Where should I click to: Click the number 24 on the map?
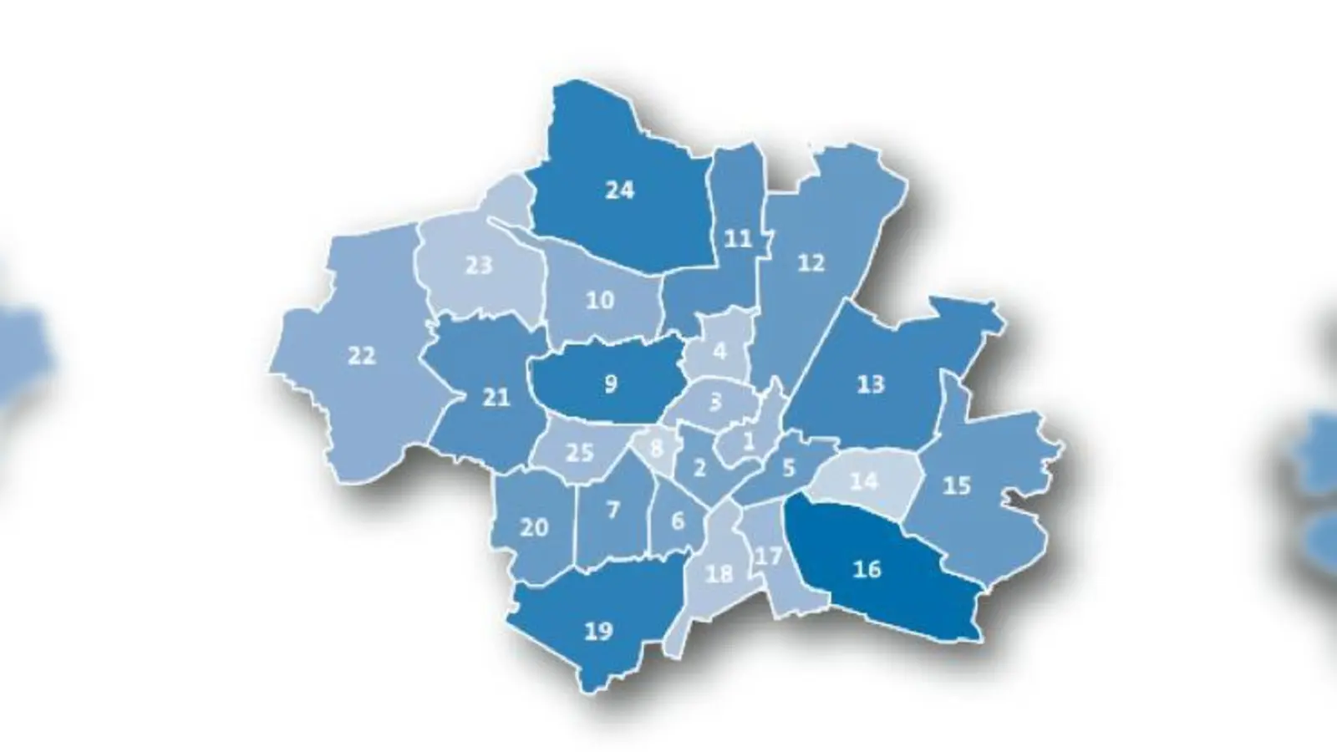click(619, 191)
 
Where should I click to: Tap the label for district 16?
click(867, 569)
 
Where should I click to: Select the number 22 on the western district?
click(361, 356)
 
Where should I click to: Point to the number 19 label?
click(598, 631)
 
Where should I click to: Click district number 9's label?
click(611, 384)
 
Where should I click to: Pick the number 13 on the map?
click(871, 384)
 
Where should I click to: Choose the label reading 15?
click(956, 485)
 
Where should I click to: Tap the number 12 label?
click(811, 263)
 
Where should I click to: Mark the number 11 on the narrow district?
click(738, 240)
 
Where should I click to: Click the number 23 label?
click(479, 266)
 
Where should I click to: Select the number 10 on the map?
click(600, 299)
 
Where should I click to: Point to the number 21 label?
click(496, 397)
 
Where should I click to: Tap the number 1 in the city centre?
click(749, 440)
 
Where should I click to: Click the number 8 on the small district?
click(657, 448)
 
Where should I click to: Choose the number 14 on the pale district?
click(864, 481)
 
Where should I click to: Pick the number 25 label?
click(579, 453)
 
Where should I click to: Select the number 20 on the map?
click(534, 527)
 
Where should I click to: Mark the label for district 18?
click(719, 574)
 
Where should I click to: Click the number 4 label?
click(719, 352)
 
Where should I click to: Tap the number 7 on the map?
click(613, 509)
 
